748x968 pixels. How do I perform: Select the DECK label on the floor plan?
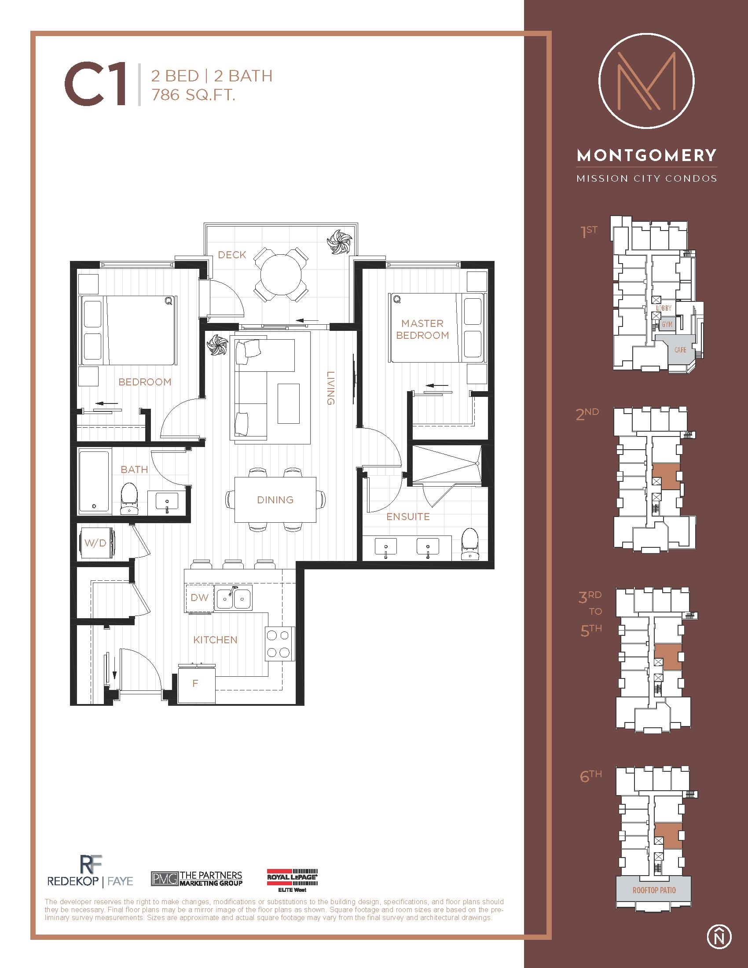pyautogui.click(x=232, y=255)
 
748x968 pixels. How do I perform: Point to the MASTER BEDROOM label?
pyautogui.click(x=422, y=329)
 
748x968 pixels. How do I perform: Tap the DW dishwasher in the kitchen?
pyautogui.click(x=199, y=598)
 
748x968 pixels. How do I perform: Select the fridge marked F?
pyautogui.click(x=195, y=683)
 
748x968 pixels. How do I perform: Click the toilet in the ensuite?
pyautogui.click(x=469, y=544)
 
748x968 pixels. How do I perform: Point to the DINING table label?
pyautogui.click(x=275, y=500)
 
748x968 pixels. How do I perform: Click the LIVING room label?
pyautogui.click(x=330, y=388)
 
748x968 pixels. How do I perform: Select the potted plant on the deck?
pyautogui.click(x=339, y=242)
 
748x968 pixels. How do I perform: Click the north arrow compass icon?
pyautogui.click(x=719, y=936)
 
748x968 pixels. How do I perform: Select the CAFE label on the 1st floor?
pyautogui.click(x=680, y=350)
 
